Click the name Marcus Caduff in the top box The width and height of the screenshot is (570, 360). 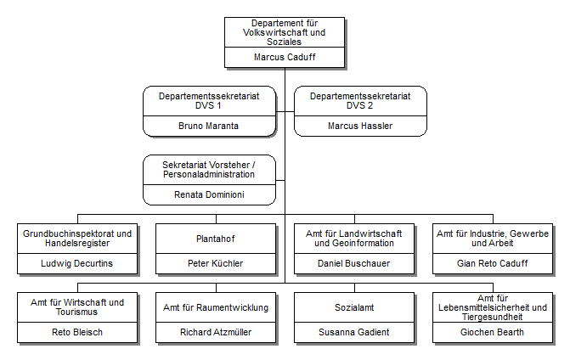click(x=284, y=58)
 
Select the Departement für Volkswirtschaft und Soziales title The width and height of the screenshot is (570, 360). click(x=284, y=32)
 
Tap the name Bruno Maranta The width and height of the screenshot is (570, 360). click(x=209, y=126)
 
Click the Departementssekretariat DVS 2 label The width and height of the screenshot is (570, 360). click(x=360, y=102)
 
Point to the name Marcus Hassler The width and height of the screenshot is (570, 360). click(x=360, y=126)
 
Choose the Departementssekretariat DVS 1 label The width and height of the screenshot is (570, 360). click(x=209, y=102)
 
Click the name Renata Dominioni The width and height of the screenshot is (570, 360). click(x=209, y=194)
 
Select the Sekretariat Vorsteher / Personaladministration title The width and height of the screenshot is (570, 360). click(x=209, y=169)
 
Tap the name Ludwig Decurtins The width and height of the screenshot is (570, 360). click(x=77, y=263)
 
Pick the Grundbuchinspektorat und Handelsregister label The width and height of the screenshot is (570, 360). click(x=77, y=239)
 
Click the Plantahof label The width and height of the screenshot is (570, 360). click(x=215, y=239)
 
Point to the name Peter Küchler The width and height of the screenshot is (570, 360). click(x=215, y=263)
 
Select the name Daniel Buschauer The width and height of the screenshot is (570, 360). click(x=353, y=263)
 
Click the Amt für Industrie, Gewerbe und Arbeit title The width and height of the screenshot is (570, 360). click(x=492, y=239)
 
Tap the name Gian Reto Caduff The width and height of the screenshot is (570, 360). click(x=492, y=263)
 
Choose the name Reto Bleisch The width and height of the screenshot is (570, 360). click(x=77, y=332)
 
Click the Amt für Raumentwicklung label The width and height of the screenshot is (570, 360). click(x=215, y=307)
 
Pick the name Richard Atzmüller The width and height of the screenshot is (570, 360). click(x=215, y=332)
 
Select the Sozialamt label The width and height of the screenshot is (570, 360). click(x=353, y=307)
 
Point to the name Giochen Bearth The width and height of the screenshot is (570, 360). click(x=492, y=332)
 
